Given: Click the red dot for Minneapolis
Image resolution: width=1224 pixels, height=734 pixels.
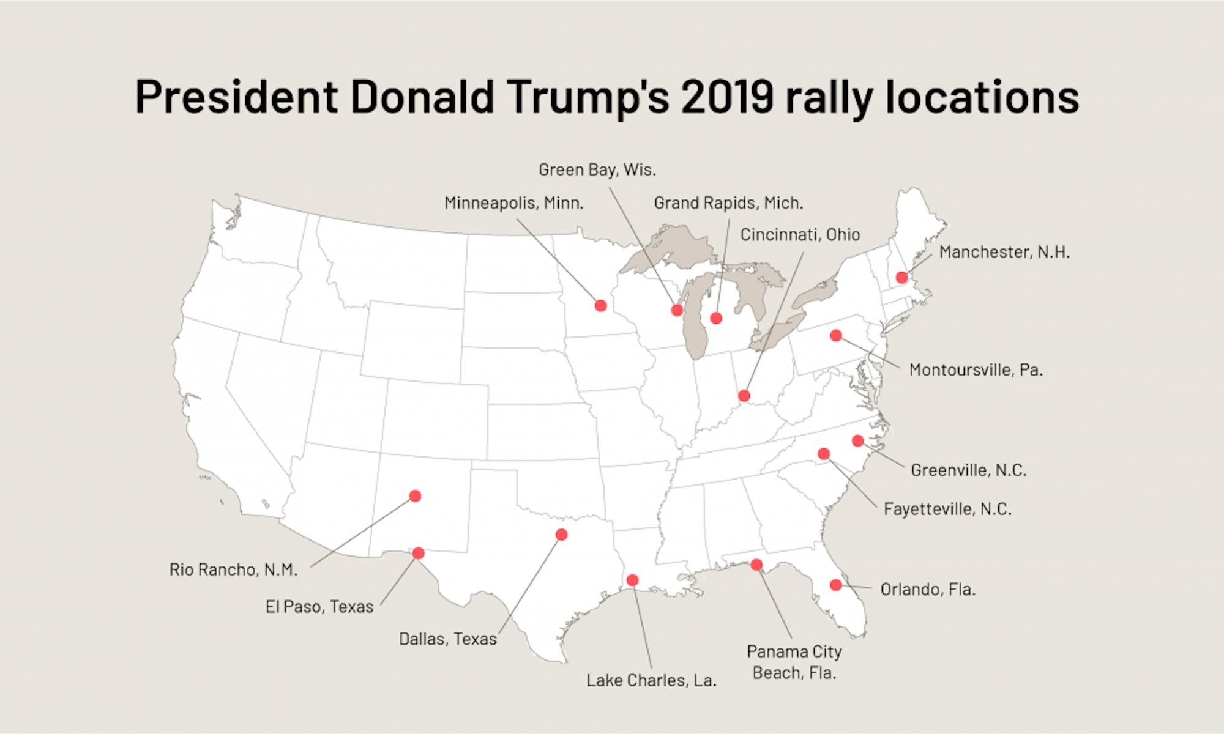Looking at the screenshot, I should click(600, 305).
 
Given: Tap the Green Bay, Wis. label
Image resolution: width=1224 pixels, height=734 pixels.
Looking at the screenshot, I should click(597, 170).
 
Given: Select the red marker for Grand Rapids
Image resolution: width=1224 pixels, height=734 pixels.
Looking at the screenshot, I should click(716, 317).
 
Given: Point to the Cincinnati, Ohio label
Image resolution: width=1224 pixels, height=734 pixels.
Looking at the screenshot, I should click(800, 235).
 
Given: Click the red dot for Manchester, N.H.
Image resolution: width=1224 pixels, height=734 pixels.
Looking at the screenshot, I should click(901, 278).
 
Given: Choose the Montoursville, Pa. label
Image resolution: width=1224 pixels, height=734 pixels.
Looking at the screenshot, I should click(976, 370).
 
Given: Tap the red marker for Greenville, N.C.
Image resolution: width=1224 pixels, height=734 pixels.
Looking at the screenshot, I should click(857, 440).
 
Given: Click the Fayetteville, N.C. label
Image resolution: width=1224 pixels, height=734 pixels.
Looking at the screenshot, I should click(947, 509).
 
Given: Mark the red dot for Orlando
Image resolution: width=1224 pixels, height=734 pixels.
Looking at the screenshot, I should click(835, 585).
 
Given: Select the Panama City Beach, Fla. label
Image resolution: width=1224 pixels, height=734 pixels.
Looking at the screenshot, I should click(794, 662).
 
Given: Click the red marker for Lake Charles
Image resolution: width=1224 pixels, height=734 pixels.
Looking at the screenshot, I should click(633, 580).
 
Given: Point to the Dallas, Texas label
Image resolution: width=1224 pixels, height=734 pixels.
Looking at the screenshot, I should click(448, 639).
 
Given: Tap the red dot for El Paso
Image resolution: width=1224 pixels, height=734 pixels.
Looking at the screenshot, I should click(419, 553).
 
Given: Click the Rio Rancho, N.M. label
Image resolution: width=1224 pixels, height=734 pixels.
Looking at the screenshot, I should click(233, 570).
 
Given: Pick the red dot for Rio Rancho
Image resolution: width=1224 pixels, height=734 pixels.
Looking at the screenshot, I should click(415, 495).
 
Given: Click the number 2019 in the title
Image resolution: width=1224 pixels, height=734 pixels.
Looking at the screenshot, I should click(728, 97).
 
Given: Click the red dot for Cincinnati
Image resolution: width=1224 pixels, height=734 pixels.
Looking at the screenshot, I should click(744, 396).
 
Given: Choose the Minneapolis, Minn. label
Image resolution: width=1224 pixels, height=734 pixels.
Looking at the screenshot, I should click(513, 203).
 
